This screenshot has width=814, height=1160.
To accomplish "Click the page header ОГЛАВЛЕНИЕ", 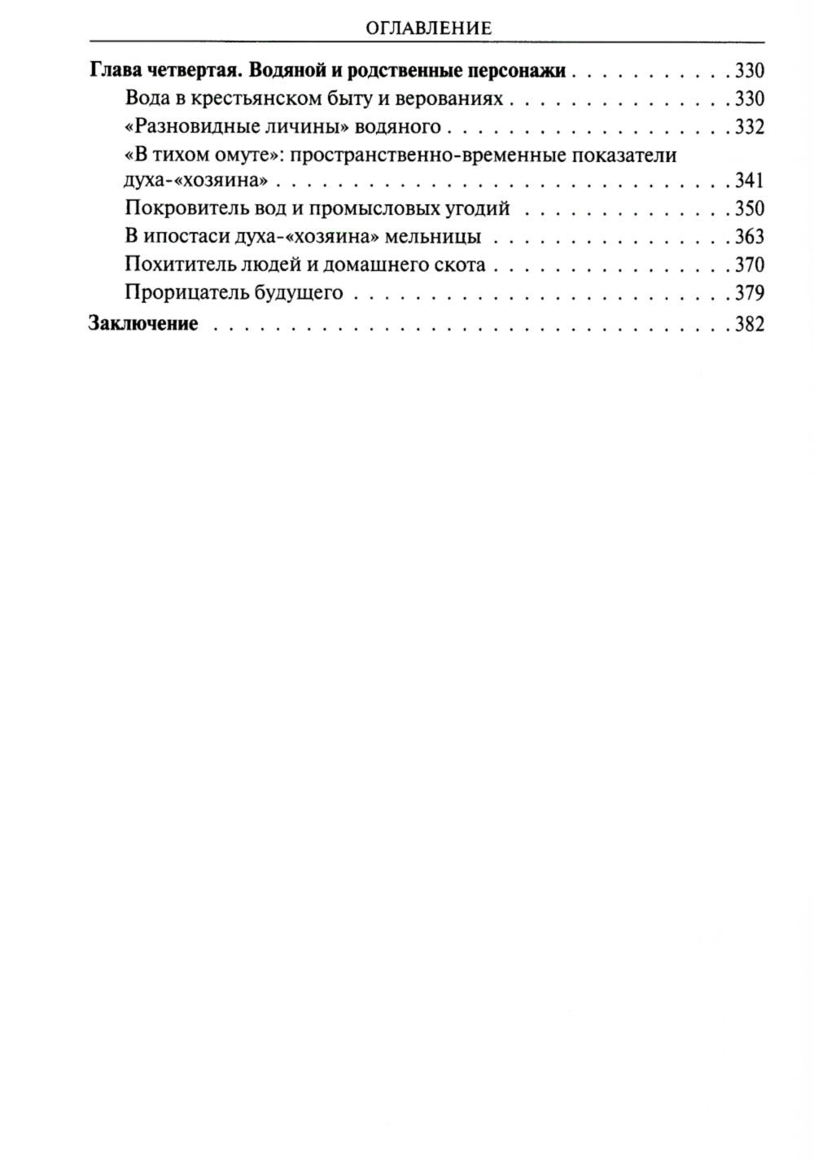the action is pos(428,28).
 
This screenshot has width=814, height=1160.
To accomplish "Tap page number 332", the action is pos(749,127).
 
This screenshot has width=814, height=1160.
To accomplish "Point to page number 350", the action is pos(749,208).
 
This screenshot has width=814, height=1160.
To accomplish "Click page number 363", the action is pos(749,237).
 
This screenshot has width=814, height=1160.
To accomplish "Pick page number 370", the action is pos(749,265).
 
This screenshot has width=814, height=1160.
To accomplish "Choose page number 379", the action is pos(749,293).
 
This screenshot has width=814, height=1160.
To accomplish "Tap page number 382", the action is pos(749,323).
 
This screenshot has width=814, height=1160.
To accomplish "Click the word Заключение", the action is pos(142,323).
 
